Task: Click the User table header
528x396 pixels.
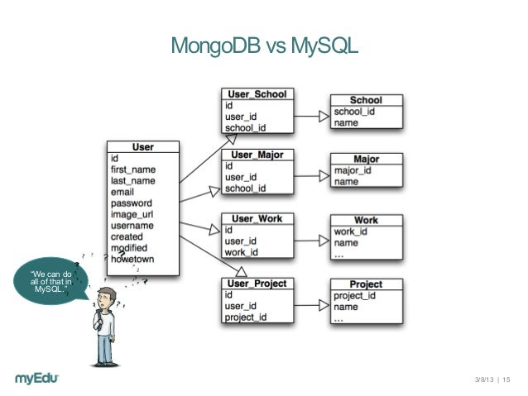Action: [143, 147]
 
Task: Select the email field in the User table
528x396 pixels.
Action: [122, 192]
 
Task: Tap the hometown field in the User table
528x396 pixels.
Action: [132, 259]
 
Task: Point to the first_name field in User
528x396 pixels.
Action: [132, 169]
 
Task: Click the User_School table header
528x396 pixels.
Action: [257, 94]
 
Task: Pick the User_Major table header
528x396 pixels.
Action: [257, 155]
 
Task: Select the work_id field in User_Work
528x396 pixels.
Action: [242, 252]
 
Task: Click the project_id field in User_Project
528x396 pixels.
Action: [247, 317]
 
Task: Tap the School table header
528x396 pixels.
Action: [366, 100]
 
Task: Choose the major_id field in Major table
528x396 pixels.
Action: [353, 170]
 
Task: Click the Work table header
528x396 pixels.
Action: [366, 221]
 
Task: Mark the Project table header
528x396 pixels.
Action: [366, 284]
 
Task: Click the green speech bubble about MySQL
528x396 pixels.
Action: [50, 281]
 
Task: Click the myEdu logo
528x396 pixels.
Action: [42, 378]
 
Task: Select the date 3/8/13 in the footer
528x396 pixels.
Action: [483, 379]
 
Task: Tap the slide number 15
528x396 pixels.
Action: [506, 379]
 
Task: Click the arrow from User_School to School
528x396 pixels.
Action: [311, 116]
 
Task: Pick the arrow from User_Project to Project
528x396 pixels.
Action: [311, 305]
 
